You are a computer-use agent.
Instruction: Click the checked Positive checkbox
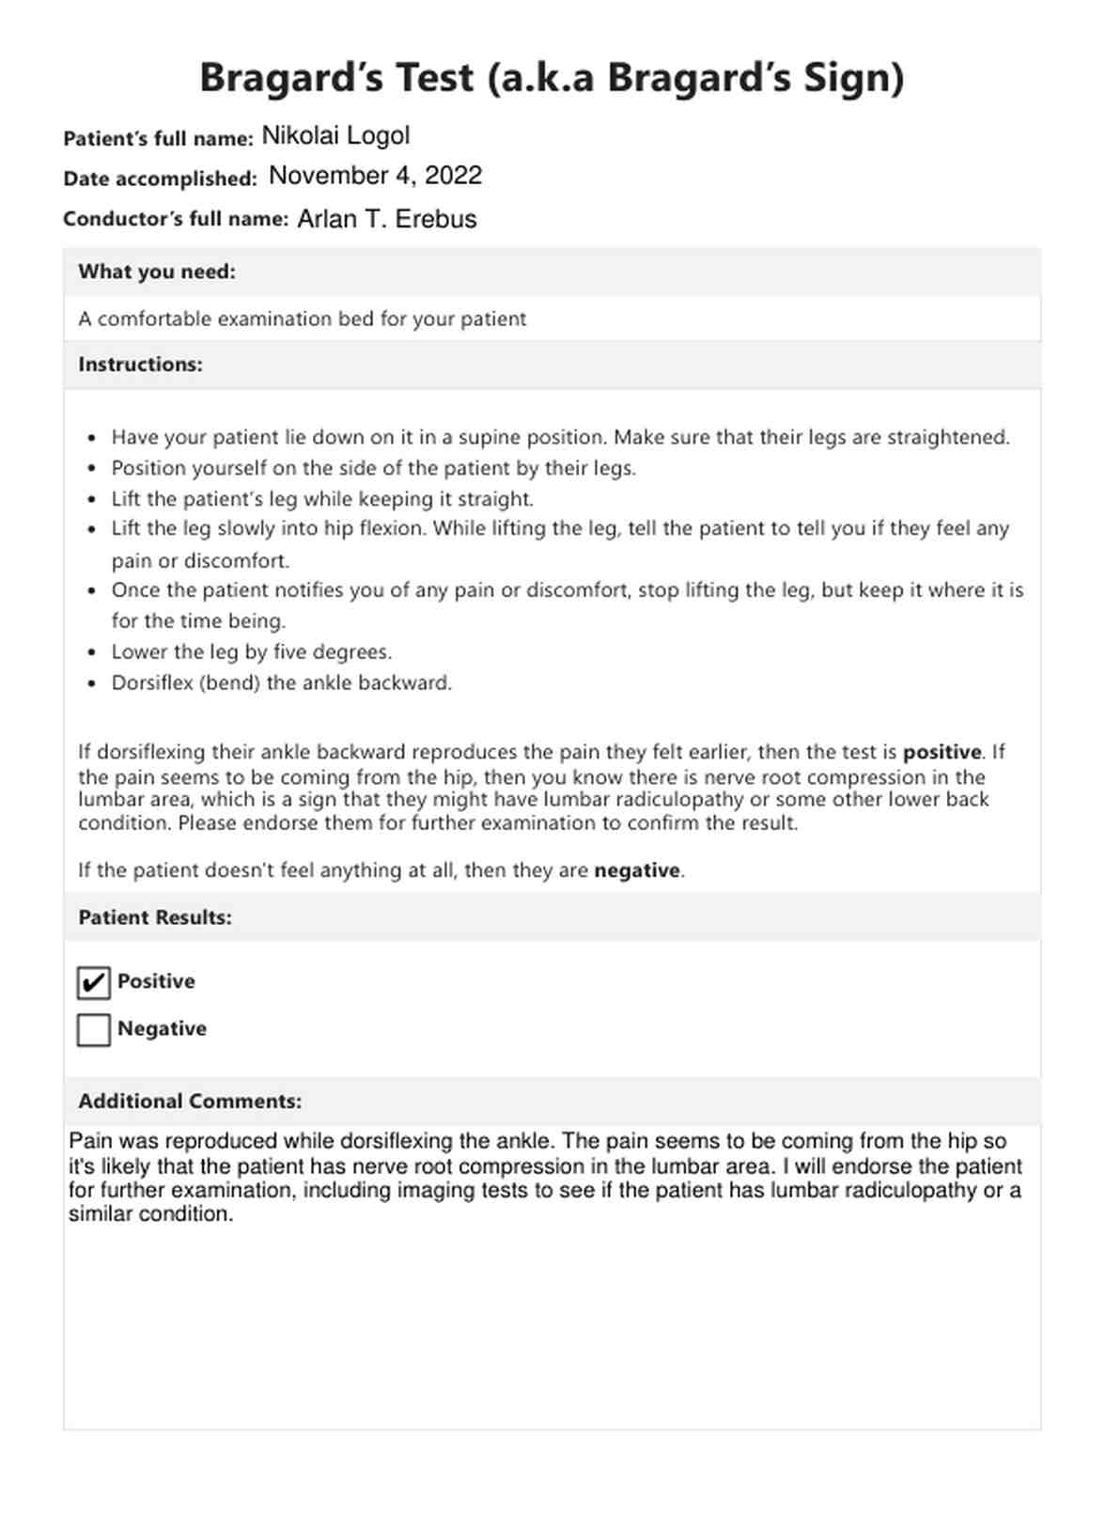94,983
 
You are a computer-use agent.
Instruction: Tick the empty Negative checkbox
94,1030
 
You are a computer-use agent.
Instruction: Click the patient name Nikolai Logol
335,136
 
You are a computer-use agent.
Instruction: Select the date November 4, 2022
375,176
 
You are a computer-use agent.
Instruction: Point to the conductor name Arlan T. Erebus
387,219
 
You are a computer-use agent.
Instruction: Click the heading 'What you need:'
157,273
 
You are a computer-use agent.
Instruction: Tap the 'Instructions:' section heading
140,365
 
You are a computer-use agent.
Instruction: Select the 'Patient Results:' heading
155,917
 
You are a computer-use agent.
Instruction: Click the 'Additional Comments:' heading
190,1102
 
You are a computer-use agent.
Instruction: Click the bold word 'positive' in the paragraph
942,753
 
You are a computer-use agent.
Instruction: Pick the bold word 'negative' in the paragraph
637,871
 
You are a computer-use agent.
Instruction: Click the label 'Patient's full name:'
158,139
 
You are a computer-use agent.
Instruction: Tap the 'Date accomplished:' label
160,179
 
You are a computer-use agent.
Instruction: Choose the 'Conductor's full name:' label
176,220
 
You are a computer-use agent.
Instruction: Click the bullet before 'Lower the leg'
91,653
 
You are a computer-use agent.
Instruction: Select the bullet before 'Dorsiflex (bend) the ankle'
91,684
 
